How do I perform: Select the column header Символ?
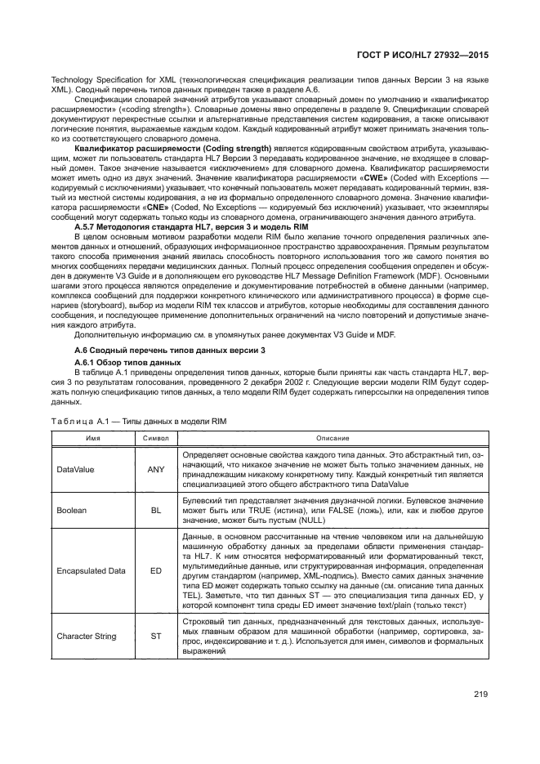tap(155, 439)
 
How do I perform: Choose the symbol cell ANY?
tap(155, 469)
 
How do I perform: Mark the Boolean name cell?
tap(71, 509)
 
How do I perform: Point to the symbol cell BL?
tap(155, 509)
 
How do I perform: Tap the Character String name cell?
tap(87, 636)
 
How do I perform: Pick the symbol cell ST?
tap(155, 636)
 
